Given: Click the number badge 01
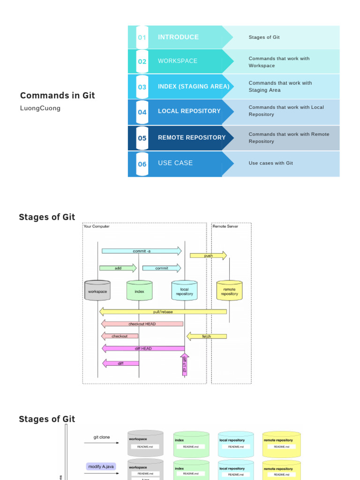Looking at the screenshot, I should (x=142, y=37).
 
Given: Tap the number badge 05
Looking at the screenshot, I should (x=142, y=138).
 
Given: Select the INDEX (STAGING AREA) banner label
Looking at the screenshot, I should (x=194, y=86).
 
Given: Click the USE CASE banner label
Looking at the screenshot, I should (x=175, y=163).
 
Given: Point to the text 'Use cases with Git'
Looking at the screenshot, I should (x=270, y=163).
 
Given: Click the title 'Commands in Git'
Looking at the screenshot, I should (x=57, y=96).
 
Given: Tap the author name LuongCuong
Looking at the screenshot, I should (x=40, y=108).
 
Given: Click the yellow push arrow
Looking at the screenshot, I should (x=208, y=255).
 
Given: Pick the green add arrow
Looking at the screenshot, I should (x=118, y=268).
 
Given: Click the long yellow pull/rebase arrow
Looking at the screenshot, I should (x=163, y=312).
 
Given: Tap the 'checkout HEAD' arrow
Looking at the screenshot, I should (x=142, y=324).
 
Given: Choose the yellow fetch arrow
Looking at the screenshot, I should (x=206, y=336).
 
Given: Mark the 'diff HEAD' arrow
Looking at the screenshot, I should (x=143, y=348).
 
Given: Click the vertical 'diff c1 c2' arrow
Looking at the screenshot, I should (x=184, y=365).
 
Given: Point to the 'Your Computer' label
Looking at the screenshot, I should (x=97, y=226).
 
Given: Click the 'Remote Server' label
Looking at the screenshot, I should (x=225, y=226).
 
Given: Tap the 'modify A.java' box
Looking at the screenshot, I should (x=101, y=466).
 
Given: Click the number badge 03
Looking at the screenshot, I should (x=142, y=87).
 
